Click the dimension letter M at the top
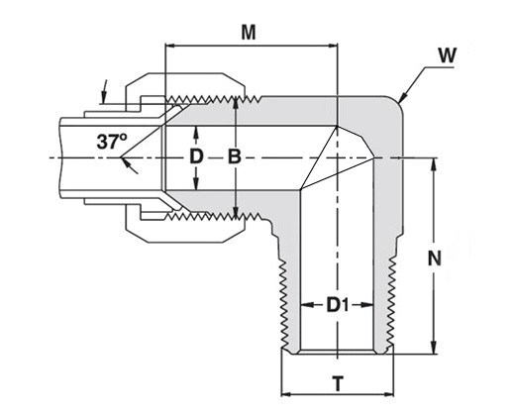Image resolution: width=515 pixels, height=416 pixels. pos(249,33)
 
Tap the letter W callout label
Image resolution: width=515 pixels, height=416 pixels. pos(448,55)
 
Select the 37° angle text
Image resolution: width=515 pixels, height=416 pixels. pos(112,142)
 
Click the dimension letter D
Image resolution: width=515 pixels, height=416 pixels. pos(196,156)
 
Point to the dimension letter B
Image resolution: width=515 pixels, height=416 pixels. pos(235,156)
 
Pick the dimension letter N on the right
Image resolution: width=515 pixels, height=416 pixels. pos(435,259)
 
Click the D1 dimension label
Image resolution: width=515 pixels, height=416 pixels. pos(338,305)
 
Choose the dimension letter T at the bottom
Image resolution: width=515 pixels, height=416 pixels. pos(338,383)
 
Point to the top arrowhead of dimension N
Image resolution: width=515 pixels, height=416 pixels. pos(434,164)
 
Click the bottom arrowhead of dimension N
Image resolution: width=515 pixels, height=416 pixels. pos(434,349)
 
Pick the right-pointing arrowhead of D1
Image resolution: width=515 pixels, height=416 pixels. pos(367,305)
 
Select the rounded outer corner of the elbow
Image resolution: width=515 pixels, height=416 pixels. pos(397,103)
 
